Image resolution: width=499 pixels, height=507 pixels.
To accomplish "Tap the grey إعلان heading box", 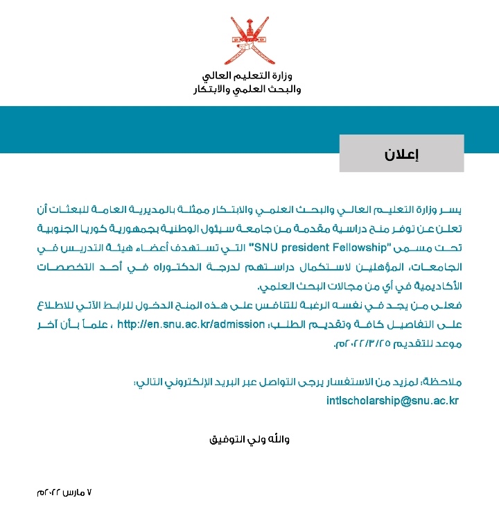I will tap(401, 153).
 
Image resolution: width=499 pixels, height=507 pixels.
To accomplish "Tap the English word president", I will tap(283, 247).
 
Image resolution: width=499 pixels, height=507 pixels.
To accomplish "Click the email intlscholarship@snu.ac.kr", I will tap(392, 400).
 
